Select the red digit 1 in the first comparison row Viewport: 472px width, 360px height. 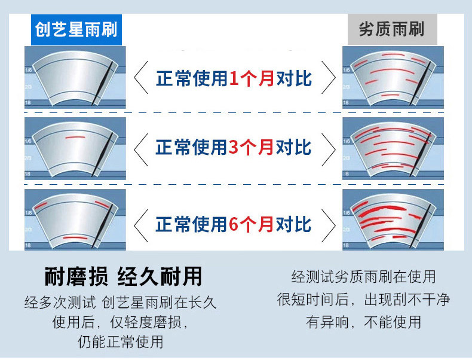click(235, 78)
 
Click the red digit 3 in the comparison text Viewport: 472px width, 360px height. click(235, 147)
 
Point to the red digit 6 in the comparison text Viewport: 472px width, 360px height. click(235, 224)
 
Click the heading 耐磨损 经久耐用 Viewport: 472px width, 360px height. click(124, 276)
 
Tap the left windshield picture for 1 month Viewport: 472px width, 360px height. click(75, 78)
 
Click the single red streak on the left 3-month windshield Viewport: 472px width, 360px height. click(75, 138)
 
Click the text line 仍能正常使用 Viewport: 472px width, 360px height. click(120, 343)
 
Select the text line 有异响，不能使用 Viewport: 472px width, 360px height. click(363, 322)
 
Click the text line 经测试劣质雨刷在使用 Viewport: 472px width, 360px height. click(363, 277)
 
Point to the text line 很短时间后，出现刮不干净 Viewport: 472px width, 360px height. click(363, 299)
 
